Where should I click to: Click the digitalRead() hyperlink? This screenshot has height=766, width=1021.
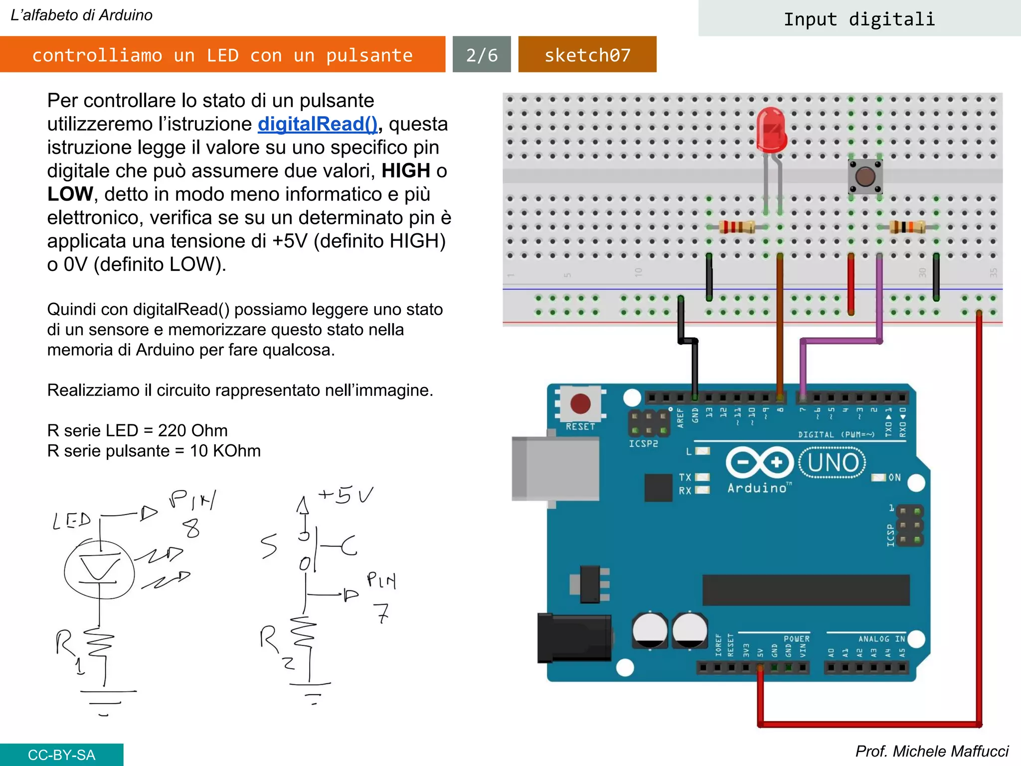pos(318,124)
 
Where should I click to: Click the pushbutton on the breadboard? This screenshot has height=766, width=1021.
pos(865,177)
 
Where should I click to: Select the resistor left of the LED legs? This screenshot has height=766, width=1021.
pos(736,227)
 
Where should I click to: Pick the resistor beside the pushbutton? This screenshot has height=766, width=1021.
pos(907,227)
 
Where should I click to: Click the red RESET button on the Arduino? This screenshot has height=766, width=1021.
pos(580,403)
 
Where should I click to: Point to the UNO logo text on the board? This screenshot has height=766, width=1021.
pos(833,463)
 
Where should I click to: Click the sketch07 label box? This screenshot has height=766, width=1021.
pos(587,55)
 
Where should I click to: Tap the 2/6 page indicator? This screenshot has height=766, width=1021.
pos(482,55)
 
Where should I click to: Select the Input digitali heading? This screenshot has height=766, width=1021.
pos(859,19)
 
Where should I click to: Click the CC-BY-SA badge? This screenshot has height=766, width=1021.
pos(61,755)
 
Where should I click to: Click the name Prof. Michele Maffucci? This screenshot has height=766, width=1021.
pos(931,751)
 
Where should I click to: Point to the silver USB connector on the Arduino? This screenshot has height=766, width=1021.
pos(555,468)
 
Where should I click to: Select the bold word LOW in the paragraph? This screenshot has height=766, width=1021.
pos(70,194)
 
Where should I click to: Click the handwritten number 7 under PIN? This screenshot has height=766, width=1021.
pos(382,613)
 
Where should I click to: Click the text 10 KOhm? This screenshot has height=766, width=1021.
pos(225,451)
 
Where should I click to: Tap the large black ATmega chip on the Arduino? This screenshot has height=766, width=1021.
pos(806,590)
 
